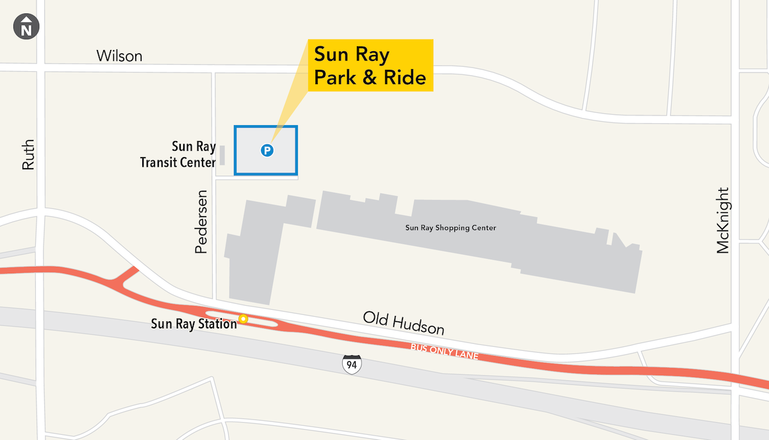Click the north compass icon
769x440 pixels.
[26, 28]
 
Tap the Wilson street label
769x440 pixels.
[119, 56]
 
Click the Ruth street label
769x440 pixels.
[28, 155]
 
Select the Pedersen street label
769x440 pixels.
[202, 221]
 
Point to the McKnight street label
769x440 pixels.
[723, 220]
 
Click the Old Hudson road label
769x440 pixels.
[403, 323]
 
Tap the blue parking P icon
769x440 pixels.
[267, 151]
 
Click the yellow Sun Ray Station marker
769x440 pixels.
[243, 318]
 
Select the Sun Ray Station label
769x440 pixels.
[194, 323]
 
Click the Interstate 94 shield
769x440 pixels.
[352, 364]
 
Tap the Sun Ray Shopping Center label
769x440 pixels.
[451, 228]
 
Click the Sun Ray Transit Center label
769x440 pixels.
[178, 155]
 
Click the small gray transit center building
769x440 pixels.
[222, 155]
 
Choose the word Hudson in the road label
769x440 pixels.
[421, 327]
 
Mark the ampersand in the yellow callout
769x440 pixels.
[372, 78]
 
